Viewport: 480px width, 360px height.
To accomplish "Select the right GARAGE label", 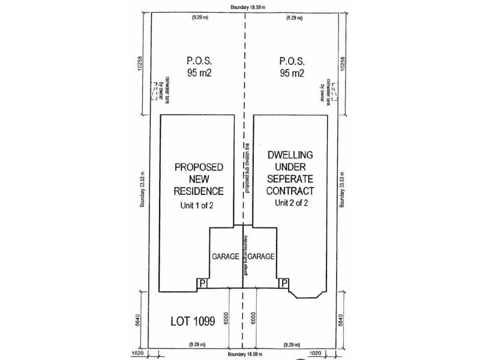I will (x=261, y=256).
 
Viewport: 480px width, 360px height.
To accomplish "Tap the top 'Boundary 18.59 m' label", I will (x=243, y=7).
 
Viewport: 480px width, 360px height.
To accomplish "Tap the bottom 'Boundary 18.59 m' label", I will (x=243, y=355).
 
